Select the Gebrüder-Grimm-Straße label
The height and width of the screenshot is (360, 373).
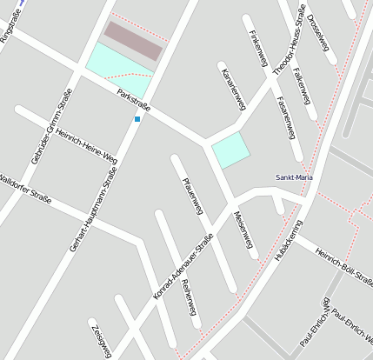[51, 127]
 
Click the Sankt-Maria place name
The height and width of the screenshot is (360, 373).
[294, 177]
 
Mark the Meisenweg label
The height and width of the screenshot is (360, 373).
[246, 231]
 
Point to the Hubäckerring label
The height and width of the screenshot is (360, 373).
[287, 241]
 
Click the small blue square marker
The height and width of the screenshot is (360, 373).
[137, 118]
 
